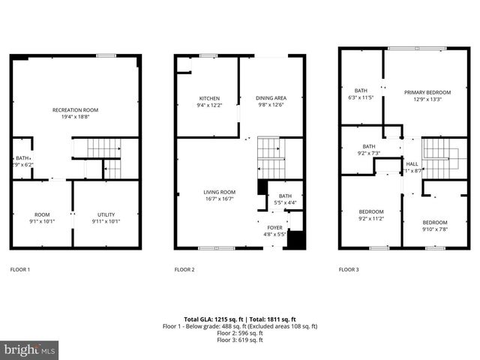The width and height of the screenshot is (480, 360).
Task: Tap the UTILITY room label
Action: point(106,214)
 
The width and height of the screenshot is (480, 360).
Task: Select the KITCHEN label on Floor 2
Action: point(208,98)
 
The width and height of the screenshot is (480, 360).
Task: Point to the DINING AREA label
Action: point(271,98)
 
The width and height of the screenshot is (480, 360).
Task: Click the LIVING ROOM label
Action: point(220,192)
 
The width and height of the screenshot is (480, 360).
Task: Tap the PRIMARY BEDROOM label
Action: point(422,91)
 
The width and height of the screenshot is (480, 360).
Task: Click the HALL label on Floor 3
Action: point(412,163)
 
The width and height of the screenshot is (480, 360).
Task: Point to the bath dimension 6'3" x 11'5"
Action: point(361,97)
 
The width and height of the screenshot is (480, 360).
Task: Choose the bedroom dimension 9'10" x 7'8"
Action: point(434,229)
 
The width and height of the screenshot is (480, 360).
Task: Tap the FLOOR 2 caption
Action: point(184,268)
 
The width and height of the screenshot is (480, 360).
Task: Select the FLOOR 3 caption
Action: point(349,268)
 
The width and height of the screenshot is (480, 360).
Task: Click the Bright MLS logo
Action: point(30,349)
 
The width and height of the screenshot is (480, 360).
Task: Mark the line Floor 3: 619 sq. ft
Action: point(240,340)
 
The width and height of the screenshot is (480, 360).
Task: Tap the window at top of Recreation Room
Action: point(106,55)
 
